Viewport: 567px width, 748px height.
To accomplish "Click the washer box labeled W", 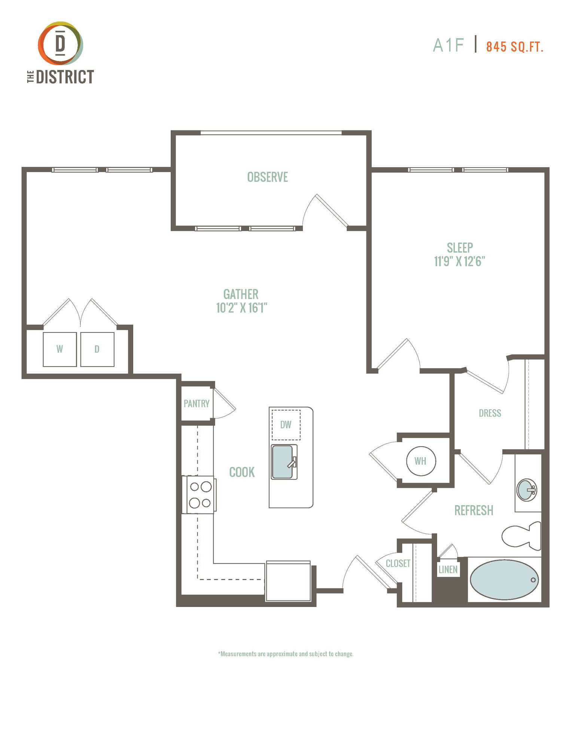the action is click(x=60, y=349).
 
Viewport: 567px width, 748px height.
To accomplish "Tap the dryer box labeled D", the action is click(x=97, y=349).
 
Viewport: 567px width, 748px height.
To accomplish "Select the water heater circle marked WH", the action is click(x=421, y=461).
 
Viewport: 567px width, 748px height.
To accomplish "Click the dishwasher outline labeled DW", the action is click(x=286, y=425).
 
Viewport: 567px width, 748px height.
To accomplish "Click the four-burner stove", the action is click(x=199, y=494).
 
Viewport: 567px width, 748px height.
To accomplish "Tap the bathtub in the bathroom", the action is click(x=504, y=579).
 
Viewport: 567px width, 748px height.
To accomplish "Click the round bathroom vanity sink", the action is click(x=527, y=490).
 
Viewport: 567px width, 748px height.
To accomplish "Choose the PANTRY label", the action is click(x=196, y=404).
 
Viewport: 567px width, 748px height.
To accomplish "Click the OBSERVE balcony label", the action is click(x=268, y=177).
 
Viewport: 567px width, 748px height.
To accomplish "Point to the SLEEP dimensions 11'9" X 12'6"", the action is click(x=460, y=261).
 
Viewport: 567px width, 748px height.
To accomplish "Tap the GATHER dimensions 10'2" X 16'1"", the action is click(x=241, y=307).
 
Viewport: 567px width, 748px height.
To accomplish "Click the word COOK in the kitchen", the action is click(x=242, y=472).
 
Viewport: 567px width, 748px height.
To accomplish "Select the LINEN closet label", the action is click(x=448, y=570).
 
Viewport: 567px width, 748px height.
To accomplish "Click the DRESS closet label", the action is click(x=490, y=413).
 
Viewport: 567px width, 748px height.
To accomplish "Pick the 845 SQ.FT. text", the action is click(x=515, y=47).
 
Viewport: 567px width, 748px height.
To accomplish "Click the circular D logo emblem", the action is click(x=60, y=43).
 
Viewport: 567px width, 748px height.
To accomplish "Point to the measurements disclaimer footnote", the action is click(x=286, y=654).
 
